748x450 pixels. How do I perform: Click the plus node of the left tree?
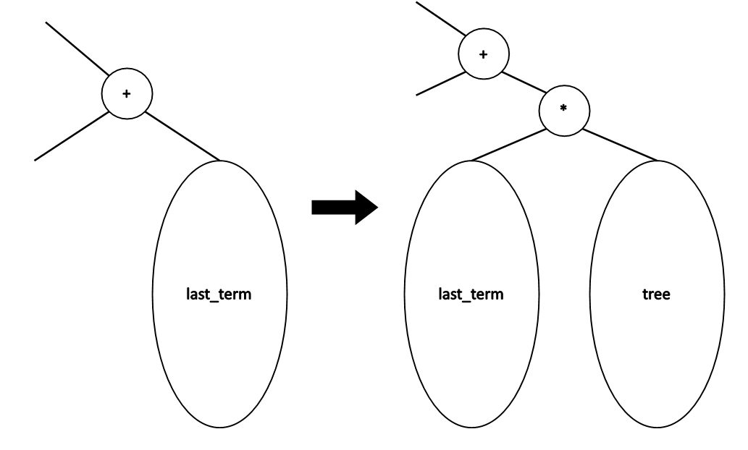[x=127, y=95]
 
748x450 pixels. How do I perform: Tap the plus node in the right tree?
[x=484, y=54]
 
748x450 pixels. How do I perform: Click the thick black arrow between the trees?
[x=345, y=208]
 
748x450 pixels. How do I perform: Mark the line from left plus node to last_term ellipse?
[x=182, y=135]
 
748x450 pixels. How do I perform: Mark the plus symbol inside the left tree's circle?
[x=127, y=95]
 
